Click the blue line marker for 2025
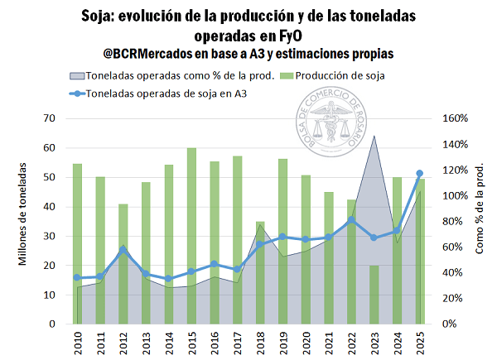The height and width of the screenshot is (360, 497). point(419,173)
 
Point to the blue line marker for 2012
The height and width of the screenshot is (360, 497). point(123,249)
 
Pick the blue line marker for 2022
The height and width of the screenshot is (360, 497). point(351,219)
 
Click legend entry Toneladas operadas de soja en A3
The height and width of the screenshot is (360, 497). point(166,94)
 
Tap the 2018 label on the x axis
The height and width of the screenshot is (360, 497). point(260,341)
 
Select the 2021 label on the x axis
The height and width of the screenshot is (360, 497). point(329,341)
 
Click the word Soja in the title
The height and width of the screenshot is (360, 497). point(100,17)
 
